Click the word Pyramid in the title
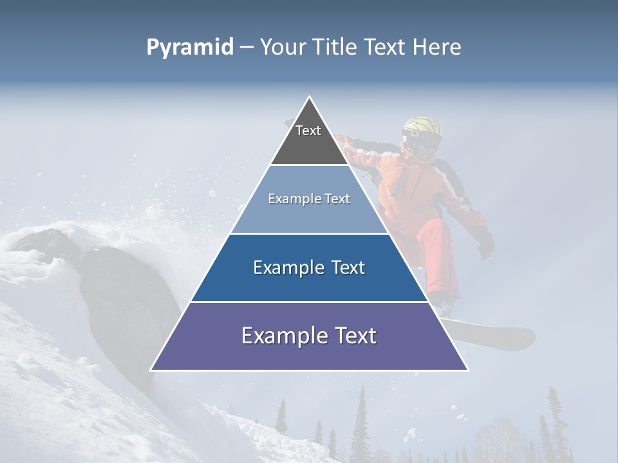point(190,48)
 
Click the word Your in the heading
point(283,48)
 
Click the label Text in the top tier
point(308,131)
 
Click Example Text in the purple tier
point(309,336)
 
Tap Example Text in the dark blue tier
point(309,268)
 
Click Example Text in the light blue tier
point(309,199)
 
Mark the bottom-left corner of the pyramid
point(151,370)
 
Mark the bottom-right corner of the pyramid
point(468,370)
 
